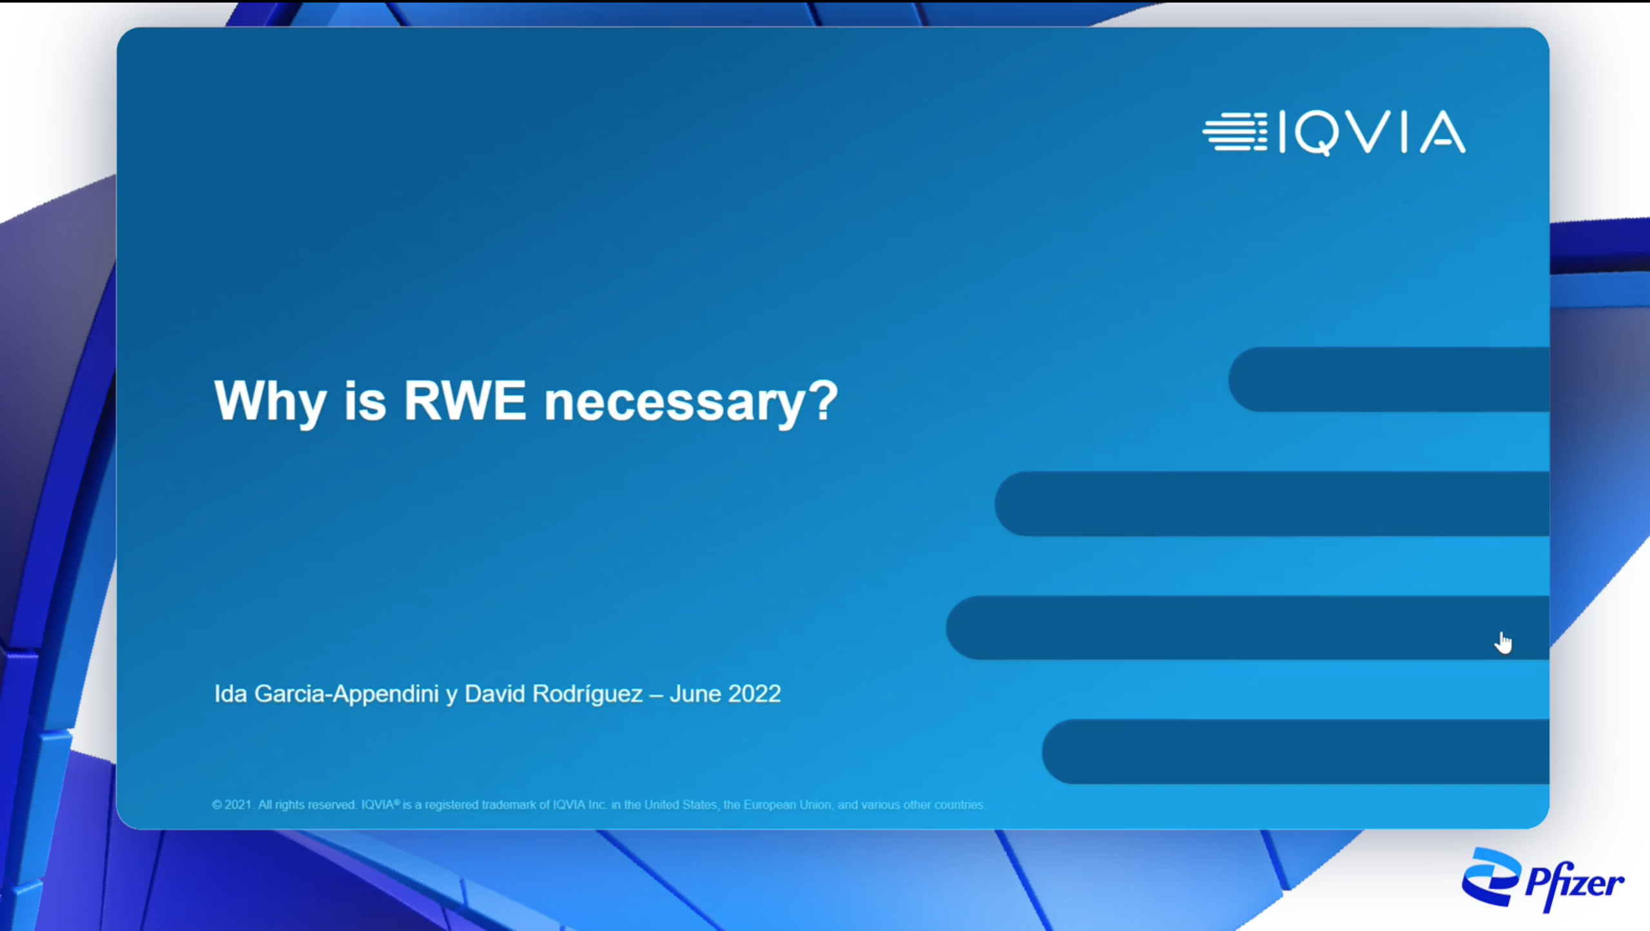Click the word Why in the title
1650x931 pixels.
point(271,402)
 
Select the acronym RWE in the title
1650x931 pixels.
point(465,400)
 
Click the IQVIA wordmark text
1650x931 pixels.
point(1372,133)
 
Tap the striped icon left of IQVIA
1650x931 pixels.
point(1235,132)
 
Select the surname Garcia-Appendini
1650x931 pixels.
point(347,694)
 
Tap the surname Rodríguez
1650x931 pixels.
point(588,694)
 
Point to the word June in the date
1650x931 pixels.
point(695,694)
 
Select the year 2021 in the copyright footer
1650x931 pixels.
point(237,805)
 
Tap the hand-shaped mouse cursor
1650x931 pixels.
point(1503,643)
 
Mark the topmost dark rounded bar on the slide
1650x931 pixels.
point(1389,379)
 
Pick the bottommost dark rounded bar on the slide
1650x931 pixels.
point(1296,752)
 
